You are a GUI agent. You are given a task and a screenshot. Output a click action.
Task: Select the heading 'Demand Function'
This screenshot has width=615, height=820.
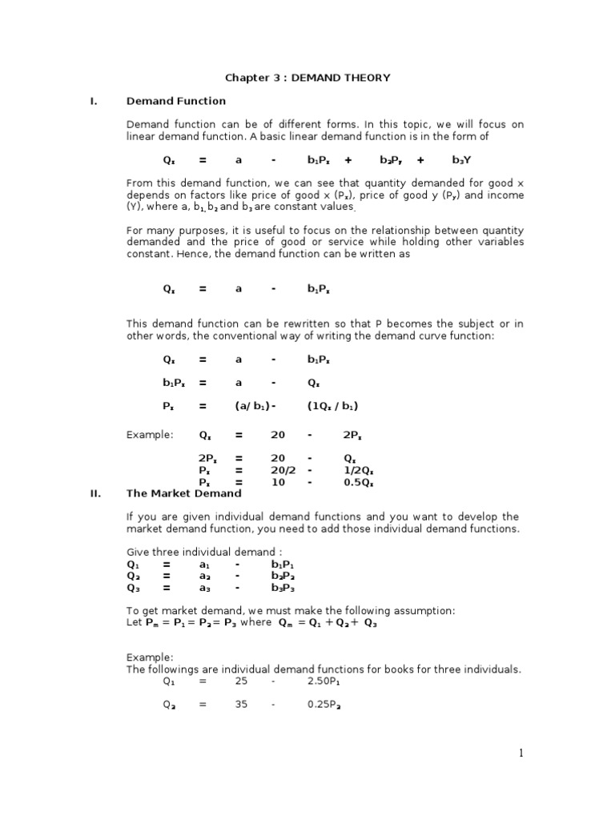coord(176,101)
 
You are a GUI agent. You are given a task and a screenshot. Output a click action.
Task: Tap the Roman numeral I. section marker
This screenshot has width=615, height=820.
coord(94,101)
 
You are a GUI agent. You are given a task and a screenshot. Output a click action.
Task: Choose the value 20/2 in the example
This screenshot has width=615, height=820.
coord(278,471)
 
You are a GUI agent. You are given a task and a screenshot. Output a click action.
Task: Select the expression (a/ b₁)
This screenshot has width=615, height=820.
coord(255,406)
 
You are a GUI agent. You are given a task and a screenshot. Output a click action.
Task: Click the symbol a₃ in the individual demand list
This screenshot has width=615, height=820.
coord(206,587)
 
